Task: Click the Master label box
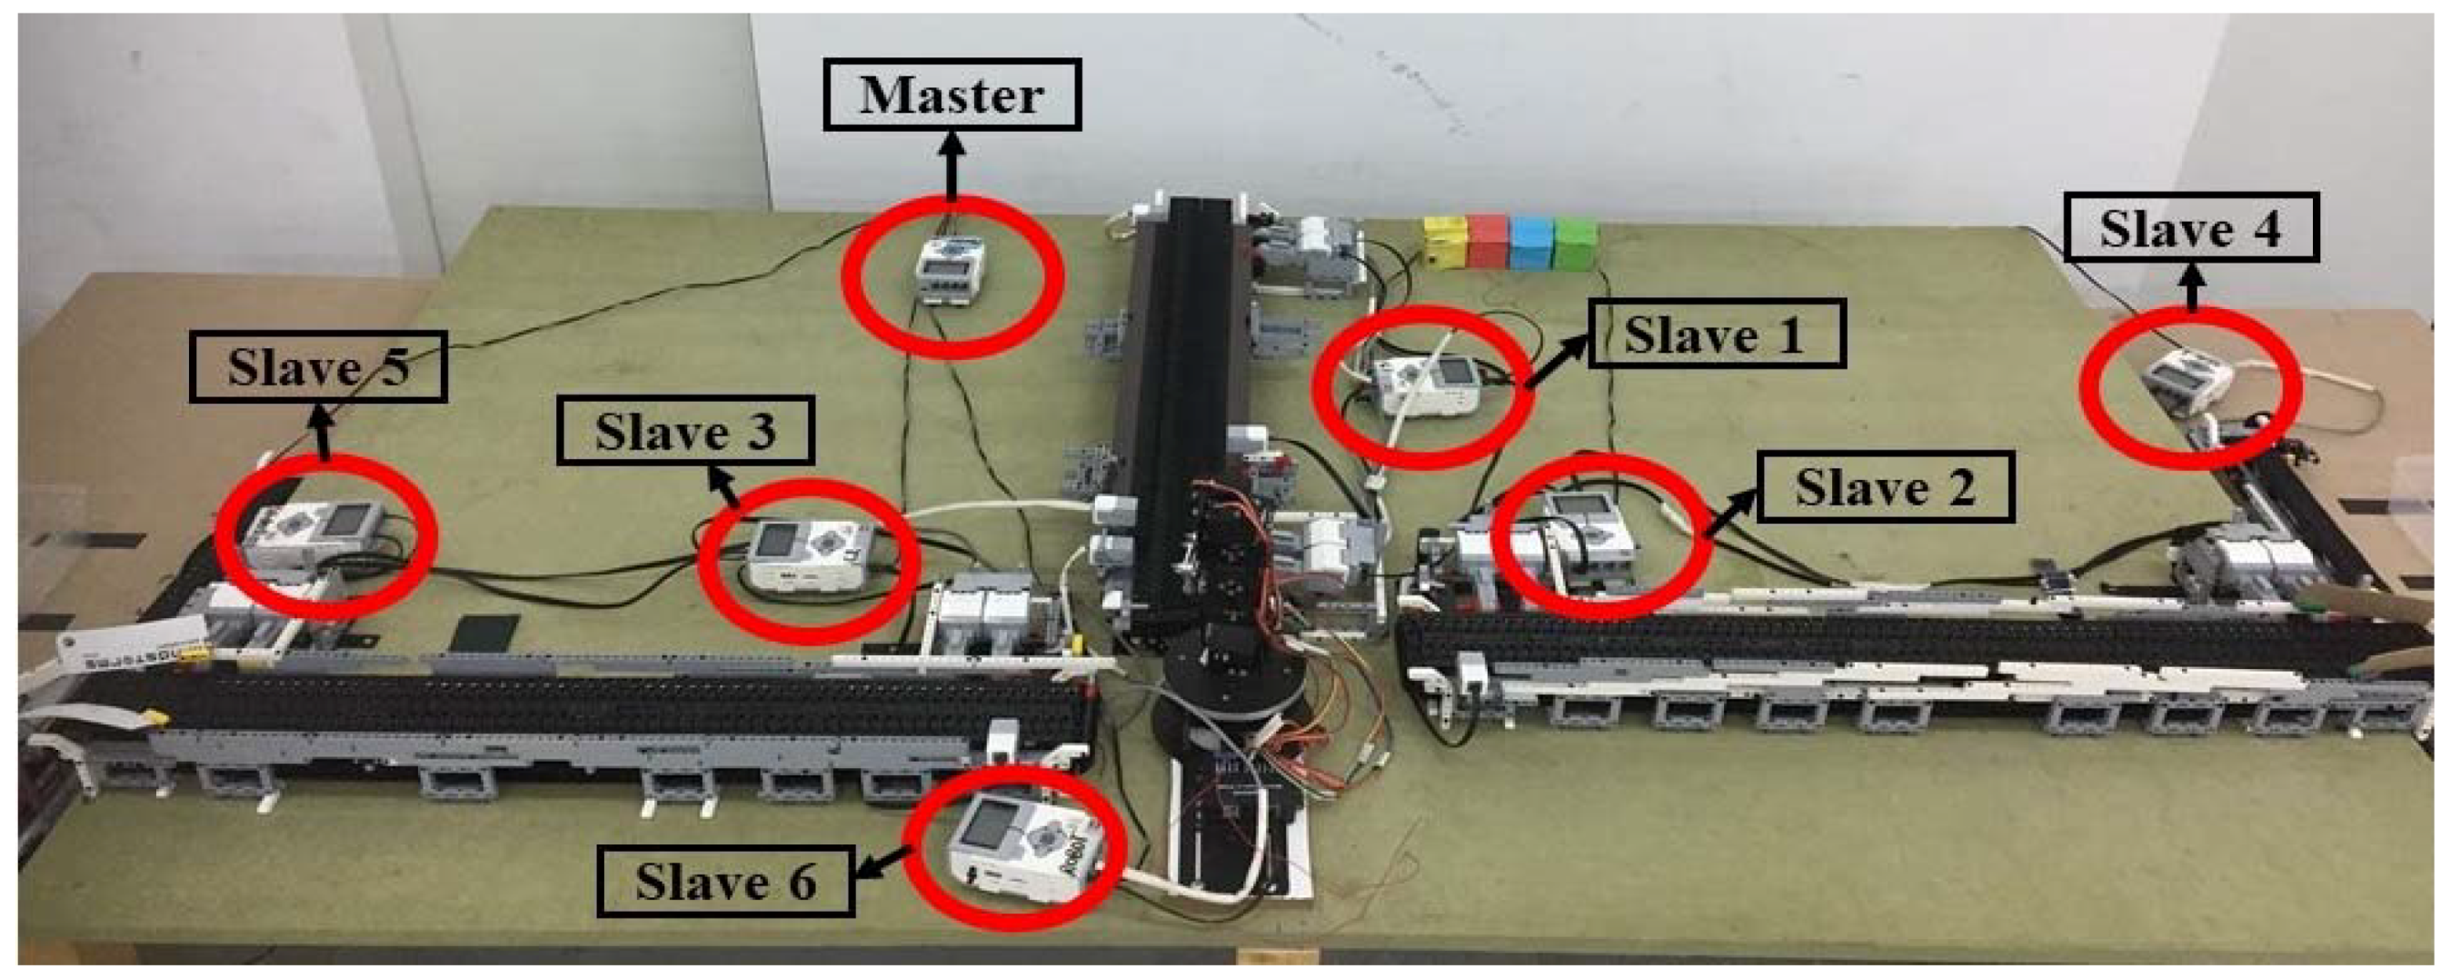[951, 95]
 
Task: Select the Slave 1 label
[1716, 334]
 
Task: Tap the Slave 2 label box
[1885, 487]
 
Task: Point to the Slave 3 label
[685, 431]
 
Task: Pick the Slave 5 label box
[318, 366]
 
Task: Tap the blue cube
[1530, 244]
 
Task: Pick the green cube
[1576, 244]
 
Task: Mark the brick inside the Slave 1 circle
[1425, 385]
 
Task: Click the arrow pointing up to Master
[952, 166]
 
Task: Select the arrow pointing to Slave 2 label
[1731, 514]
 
